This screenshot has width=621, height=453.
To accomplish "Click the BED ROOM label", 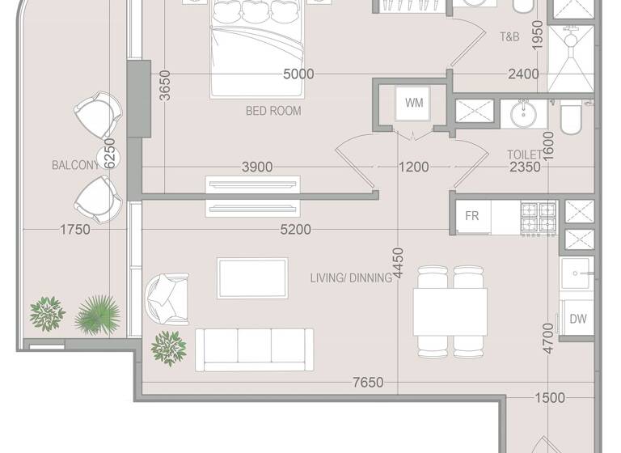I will [x=273, y=111].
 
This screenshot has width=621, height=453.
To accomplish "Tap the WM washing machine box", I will [x=413, y=104].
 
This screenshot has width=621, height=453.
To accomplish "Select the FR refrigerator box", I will [x=471, y=216].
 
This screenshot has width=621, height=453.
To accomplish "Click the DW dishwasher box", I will [x=577, y=319].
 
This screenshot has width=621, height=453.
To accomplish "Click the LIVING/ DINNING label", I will [x=351, y=277].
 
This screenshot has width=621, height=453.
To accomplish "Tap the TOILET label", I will [x=524, y=154].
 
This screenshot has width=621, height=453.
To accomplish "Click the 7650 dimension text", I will [x=367, y=383].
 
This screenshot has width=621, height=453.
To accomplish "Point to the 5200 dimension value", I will [x=294, y=230].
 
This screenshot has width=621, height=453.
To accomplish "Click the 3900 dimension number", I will [x=257, y=167].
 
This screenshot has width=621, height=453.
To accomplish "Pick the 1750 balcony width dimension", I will [x=74, y=230].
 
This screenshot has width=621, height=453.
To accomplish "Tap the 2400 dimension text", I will [x=523, y=74].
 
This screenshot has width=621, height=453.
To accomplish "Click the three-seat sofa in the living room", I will [x=255, y=348].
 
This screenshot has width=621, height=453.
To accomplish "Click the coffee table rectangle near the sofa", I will [x=252, y=277].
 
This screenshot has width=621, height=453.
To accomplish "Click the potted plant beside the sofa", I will [x=168, y=346].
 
